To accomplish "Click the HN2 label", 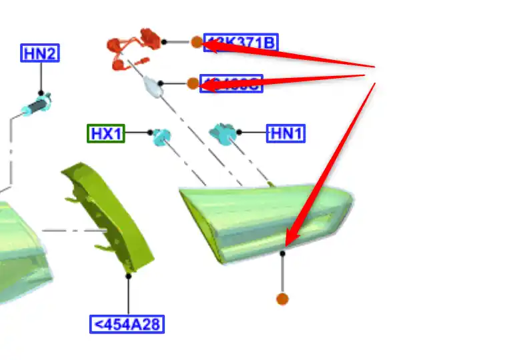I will point(40,53).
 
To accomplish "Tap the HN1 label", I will point(286,133).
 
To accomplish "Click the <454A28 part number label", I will point(127,325).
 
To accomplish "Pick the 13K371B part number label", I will point(240,43).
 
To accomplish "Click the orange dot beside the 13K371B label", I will point(196,42).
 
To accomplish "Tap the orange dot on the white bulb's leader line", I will point(192,83).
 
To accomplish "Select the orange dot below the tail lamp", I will point(282,299).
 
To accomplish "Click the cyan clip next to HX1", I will point(161,137).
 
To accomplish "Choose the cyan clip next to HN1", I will point(222,133).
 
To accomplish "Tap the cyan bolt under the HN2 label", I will point(36,106).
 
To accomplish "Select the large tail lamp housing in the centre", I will point(267,220).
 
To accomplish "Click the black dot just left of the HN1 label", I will point(239,133).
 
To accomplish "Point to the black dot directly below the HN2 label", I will point(41,93).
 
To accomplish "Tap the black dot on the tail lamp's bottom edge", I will point(283,253).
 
